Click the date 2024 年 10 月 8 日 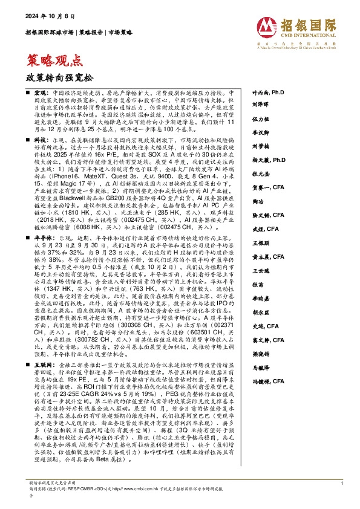45,18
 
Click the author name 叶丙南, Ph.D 267,94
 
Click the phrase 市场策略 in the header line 120,33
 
